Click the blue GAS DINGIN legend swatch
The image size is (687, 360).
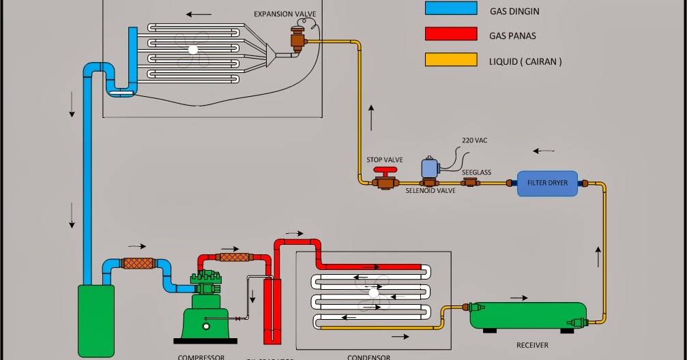pyautogui.click(x=450, y=8)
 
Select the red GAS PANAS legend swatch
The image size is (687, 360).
pyautogui.click(x=450, y=34)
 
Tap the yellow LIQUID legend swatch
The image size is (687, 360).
pyautogui.click(x=450, y=60)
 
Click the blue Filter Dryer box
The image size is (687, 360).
pyautogui.click(x=547, y=183)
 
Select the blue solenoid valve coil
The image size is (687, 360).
pyautogui.click(x=430, y=167)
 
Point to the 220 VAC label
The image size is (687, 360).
pyautogui.click(x=474, y=140)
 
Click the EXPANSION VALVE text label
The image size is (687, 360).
pyautogui.click(x=284, y=14)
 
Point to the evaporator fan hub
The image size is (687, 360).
pyautogui.click(x=193, y=50)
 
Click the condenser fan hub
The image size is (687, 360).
pyautogui.click(x=373, y=292)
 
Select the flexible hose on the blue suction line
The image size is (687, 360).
pyautogui.click(x=138, y=262)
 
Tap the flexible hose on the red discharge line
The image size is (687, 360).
pyautogui.click(x=233, y=257)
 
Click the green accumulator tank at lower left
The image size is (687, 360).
pyautogui.click(x=96, y=320)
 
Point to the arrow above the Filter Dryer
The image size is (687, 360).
pyautogui.click(x=544, y=151)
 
